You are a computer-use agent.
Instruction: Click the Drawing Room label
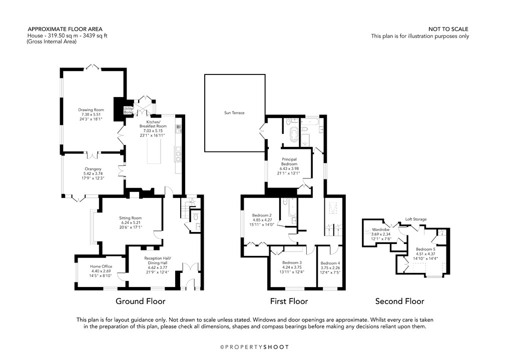coord(91,109)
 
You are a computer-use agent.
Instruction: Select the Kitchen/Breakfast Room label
coord(153,122)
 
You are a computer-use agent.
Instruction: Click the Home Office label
coord(101,266)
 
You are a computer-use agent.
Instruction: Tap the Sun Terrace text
coord(234,113)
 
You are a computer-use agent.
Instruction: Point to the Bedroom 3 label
coord(291,263)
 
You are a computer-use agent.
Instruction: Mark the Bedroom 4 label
coord(330,263)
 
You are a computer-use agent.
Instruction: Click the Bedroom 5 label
coord(425,249)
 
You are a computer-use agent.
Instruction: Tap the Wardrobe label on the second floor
coord(381,230)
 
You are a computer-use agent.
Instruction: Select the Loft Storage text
coord(416,219)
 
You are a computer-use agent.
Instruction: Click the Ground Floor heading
coord(140,301)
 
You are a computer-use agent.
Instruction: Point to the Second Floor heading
coord(399,301)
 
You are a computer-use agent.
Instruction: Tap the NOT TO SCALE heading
coord(448,29)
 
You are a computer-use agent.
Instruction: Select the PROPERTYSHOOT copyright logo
coord(255,346)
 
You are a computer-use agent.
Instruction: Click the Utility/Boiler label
coord(129,110)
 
